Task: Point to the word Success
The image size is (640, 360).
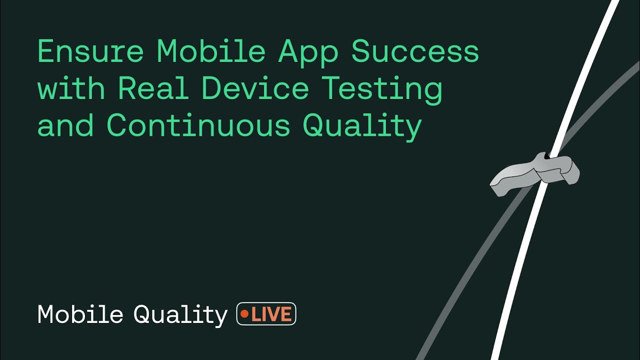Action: pos(415,51)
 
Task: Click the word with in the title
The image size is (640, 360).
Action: pos(71,88)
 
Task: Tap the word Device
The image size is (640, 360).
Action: pos(255,88)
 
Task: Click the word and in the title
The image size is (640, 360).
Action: pos(65,125)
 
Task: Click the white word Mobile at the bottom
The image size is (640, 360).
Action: pos(80,314)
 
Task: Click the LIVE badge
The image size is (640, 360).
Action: pos(266,314)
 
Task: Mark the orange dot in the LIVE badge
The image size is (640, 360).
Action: pos(245,314)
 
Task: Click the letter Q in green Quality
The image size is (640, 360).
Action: pos(314,126)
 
